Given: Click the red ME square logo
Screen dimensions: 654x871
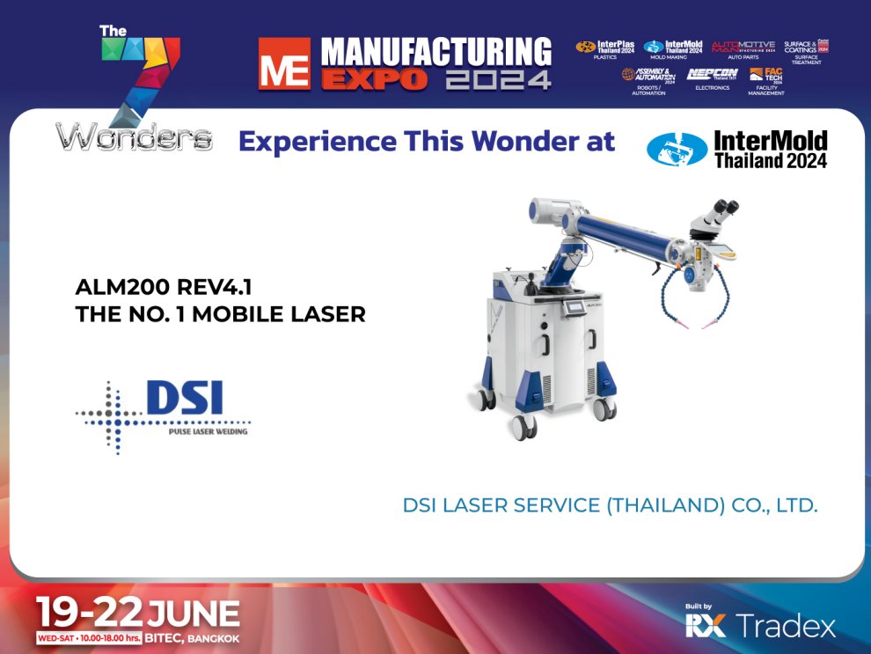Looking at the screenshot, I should pyautogui.click(x=283, y=63).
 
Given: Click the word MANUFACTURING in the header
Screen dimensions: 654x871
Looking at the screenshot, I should pyautogui.click(x=436, y=51).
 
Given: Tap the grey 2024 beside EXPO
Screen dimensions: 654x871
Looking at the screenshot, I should pyautogui.click(x=498, y=80).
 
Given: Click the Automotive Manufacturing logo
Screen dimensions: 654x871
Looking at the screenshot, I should pyautogui.click(x=743, y=46).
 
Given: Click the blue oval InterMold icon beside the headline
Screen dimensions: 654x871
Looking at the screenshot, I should pyautogui.click(x=677, y=150).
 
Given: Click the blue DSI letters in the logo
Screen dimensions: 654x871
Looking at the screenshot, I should pyautogui.click(x=184, y=399).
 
